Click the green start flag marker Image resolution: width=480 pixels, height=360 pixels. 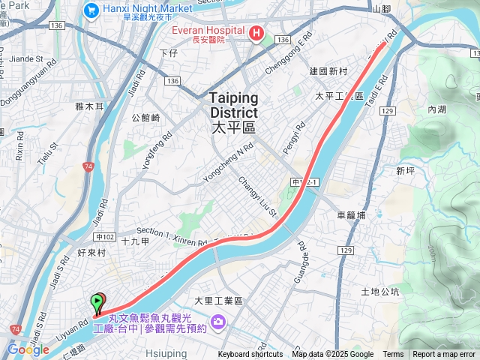97,303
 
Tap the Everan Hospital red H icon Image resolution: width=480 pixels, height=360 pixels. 256,33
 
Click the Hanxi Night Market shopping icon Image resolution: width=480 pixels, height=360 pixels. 91,10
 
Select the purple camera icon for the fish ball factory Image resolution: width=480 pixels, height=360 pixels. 218,322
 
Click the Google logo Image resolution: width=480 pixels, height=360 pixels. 28,349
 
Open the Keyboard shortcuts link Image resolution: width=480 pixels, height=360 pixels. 250,355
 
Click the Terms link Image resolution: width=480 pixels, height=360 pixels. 393,355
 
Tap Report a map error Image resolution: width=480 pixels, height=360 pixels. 444,355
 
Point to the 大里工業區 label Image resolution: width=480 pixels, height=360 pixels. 219,300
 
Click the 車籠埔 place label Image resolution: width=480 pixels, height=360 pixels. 351,214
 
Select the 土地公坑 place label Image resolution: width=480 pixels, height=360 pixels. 380,291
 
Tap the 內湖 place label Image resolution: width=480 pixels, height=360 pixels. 436,109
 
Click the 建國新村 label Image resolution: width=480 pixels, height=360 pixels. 328,71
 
